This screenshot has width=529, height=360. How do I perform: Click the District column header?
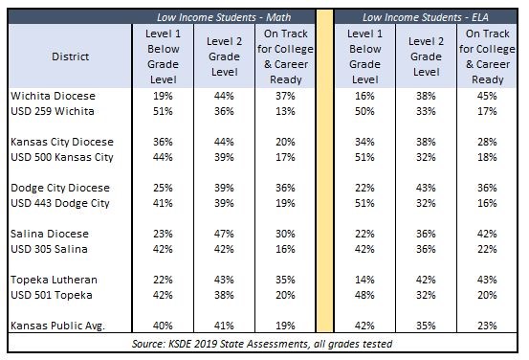click(x=70, y=56)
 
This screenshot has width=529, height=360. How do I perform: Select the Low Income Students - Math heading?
click(x=224, y=17)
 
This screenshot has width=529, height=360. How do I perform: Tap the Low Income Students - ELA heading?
click(x=426, y=17)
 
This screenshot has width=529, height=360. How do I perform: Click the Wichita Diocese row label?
click(x=53, y=96)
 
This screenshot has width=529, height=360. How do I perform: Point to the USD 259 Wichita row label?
click(x=53, y=111)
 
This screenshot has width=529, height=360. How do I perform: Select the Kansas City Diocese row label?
click(x=62, y=142)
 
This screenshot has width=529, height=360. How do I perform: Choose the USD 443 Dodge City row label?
click(x=60, y=203)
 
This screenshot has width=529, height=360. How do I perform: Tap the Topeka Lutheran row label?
click(x=54, y=280)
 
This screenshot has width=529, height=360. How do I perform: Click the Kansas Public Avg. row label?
click(x=57, y=326)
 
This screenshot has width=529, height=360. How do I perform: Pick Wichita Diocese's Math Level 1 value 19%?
click(x=163, y=96)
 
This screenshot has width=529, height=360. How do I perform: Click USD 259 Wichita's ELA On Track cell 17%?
click(x=487, y=111)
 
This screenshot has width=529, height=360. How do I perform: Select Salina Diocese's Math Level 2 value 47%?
click(x=224, y=234)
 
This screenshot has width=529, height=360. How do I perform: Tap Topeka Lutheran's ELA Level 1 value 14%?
click(x=364, y=280)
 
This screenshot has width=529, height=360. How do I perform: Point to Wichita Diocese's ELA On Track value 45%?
click(x=487, y=96)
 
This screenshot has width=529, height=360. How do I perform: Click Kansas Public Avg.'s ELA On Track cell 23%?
click(x=487, y=326)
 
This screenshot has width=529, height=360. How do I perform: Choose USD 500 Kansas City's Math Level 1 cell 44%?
click(x=163, y=157)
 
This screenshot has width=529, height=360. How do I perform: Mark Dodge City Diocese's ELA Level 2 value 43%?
click(x=426, y=188)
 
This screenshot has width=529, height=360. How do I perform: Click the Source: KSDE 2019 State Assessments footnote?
click(x=262, y=344)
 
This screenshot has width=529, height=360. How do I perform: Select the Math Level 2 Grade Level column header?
click(x=224, y=56)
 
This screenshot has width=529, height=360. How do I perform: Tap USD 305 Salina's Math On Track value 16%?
click(x=285, y=249)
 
